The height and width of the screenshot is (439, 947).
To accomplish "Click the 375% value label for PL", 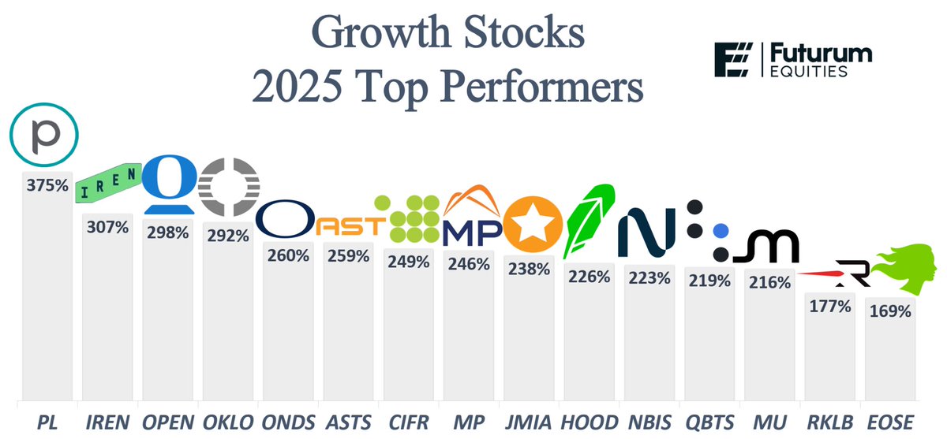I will click(x=47, y=188).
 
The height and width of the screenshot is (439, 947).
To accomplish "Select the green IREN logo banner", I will click(x=107, y=186).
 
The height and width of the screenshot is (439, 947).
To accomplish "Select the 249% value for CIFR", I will click(x=408, y=262).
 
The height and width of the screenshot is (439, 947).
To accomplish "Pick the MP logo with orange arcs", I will click(x=470, y=217).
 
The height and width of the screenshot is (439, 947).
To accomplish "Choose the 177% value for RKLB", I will click(x=830, y=306).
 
